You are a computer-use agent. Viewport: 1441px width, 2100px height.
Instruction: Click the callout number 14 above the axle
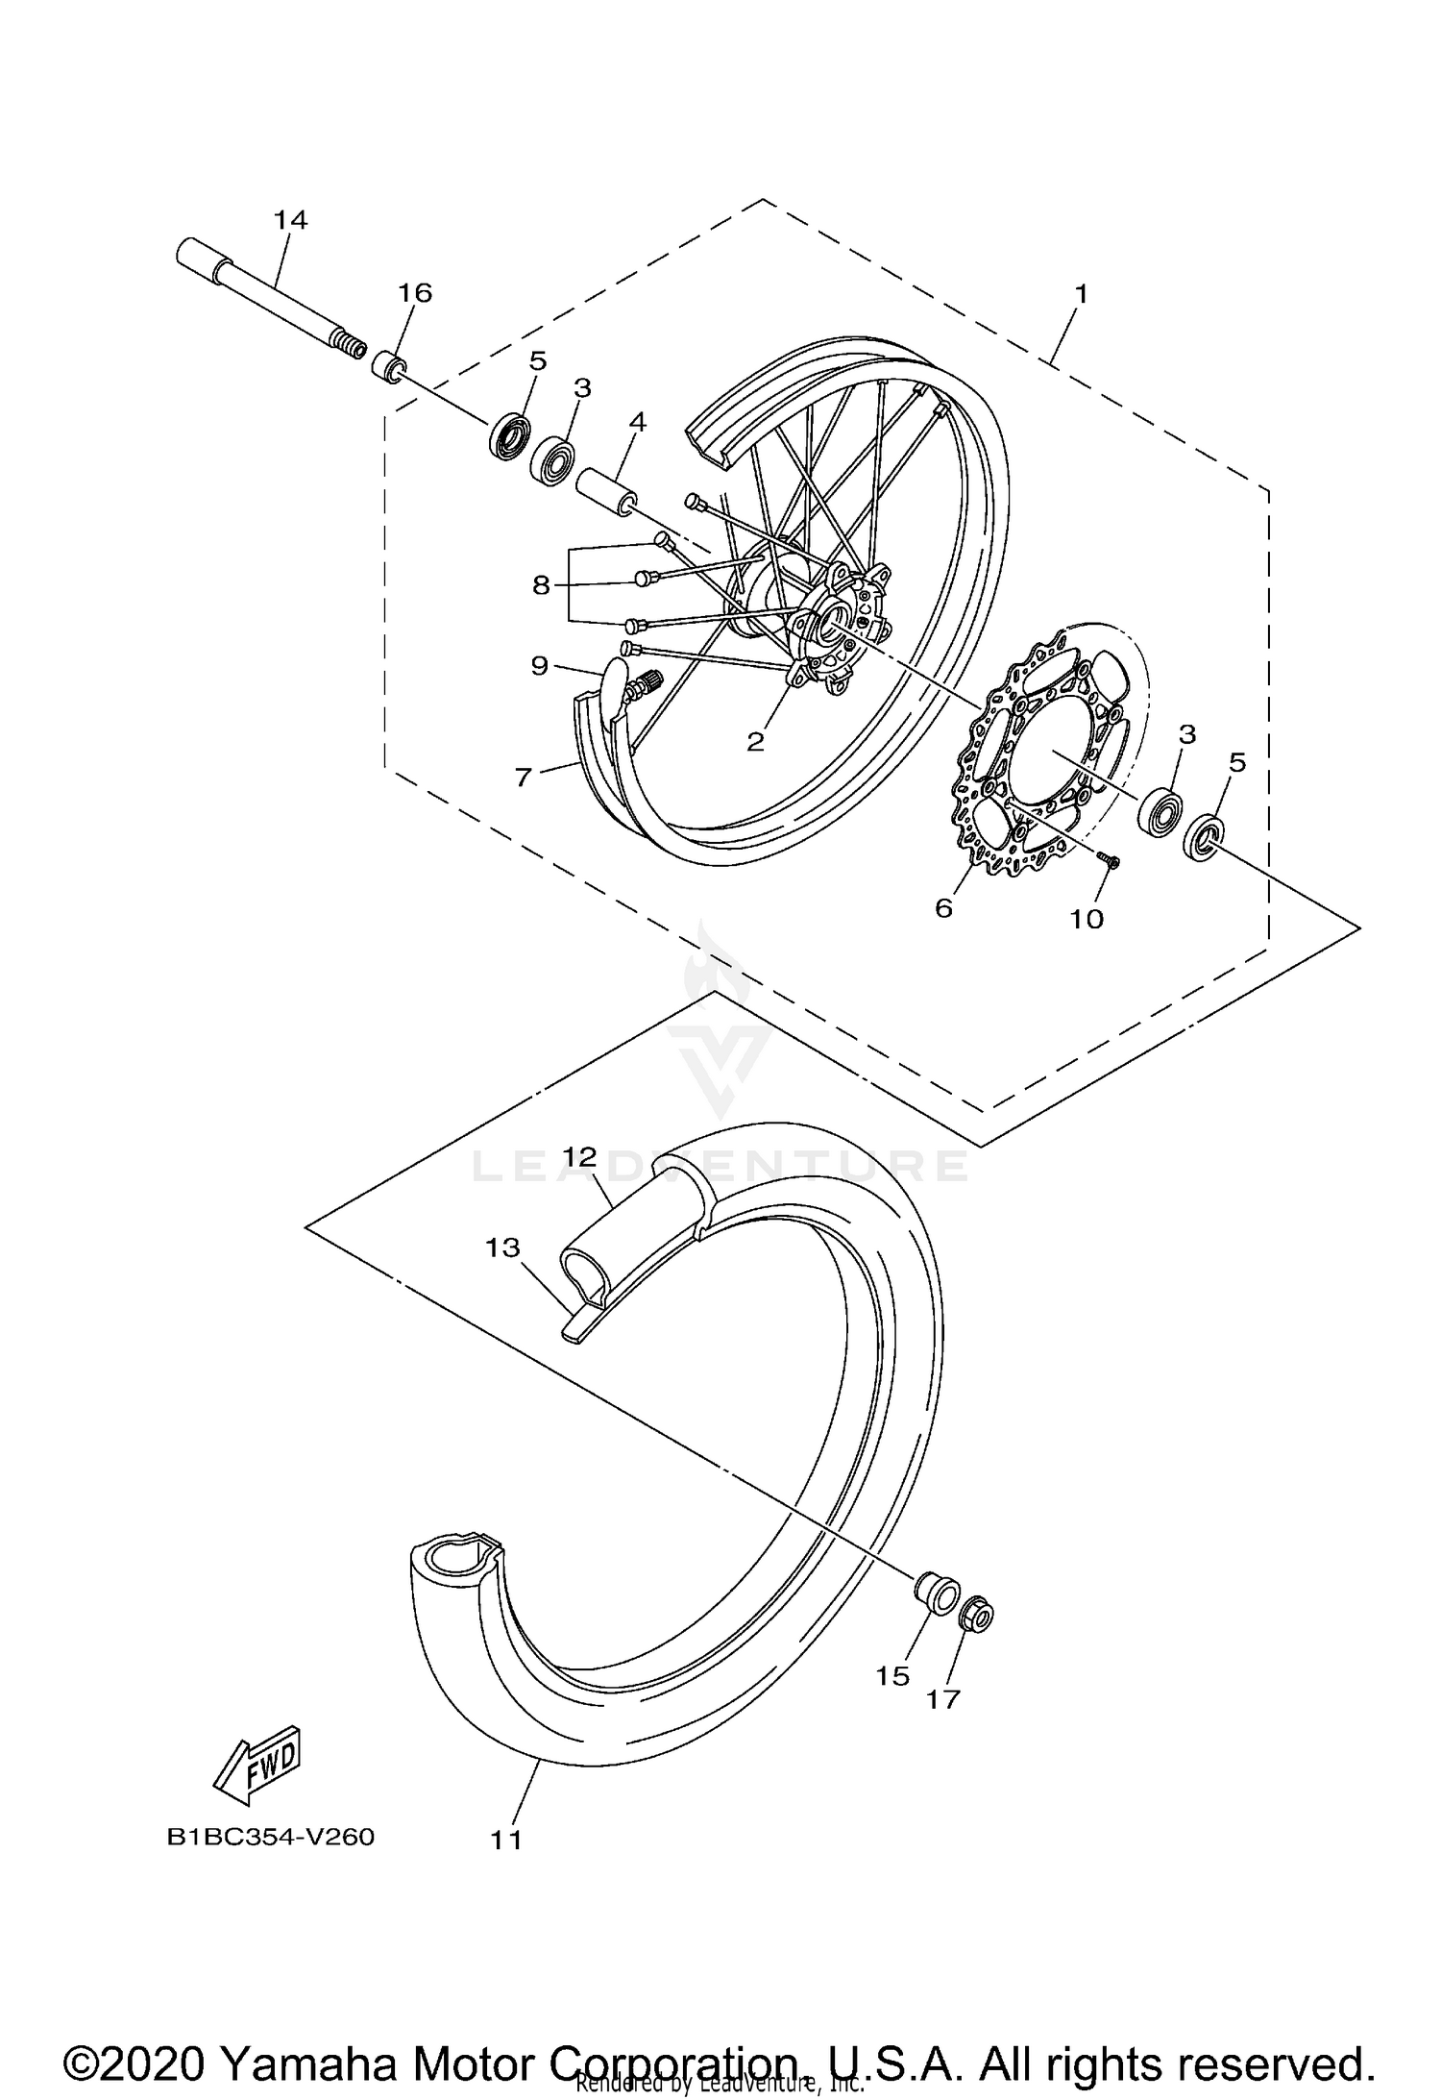290,220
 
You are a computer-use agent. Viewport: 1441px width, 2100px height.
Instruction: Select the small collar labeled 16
389,367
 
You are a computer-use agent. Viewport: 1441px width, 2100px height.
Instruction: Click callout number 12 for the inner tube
580,1156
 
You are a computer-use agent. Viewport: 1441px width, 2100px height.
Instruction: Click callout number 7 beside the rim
523,777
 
